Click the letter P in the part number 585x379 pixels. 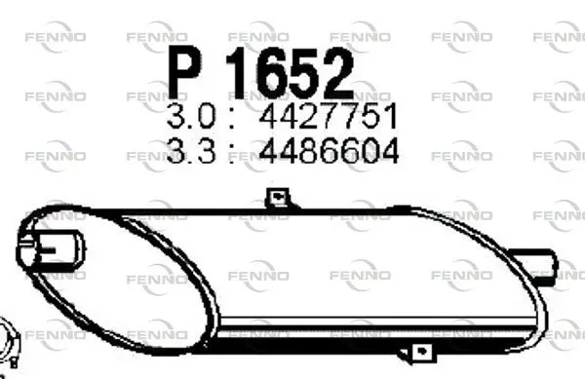pyautogui.click(x=184, y=72)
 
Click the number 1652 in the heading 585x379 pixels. pyautogui.click(x=290, y=73)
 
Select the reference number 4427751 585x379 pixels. pyautogui.click(x=329, y=116)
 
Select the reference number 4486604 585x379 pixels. pyautogui.click(x=329, y=150)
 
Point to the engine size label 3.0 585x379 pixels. pyautogui.click(x=191, y=116)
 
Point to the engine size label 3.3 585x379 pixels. pyautogui.click(x=191, y=150)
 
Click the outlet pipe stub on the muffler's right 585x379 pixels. pyautogui.click(x=536, y=263)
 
